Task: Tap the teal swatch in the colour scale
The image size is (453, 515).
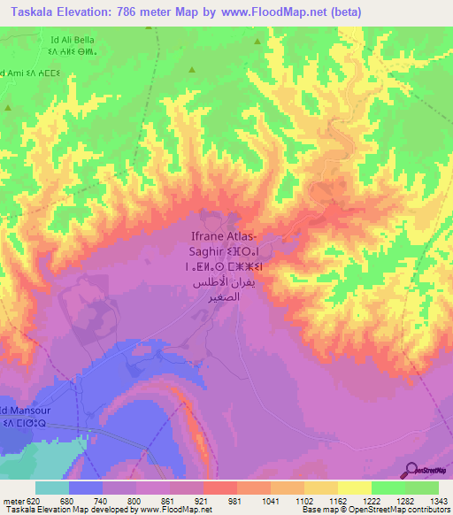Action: click(x=52, y=488)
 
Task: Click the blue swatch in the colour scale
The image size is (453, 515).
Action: click(x=86, y=488)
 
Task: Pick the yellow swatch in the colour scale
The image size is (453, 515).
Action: click(x=354, y=488)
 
